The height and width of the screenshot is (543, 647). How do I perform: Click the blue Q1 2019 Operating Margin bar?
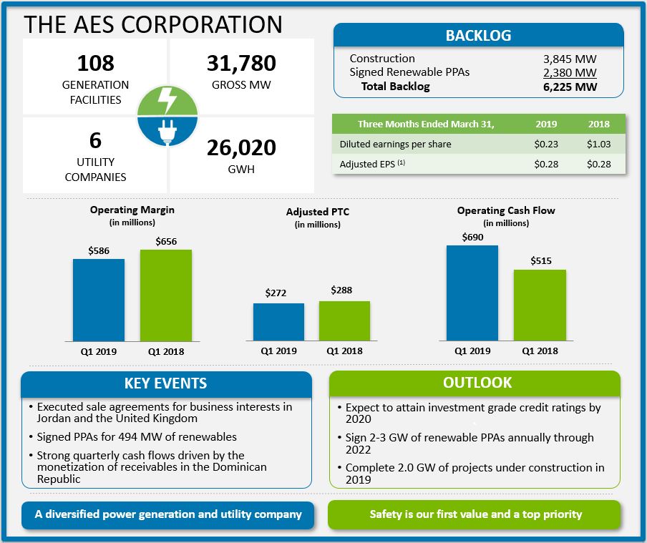[x=99, y=300]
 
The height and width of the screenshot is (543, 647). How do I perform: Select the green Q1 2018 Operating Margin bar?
[x=166, y=295]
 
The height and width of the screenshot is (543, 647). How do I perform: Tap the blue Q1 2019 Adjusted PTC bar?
[x=278, y=322]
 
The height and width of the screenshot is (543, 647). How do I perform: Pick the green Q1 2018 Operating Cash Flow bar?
[x=540, y=305]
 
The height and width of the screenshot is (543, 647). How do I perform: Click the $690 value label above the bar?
[x=472, y=236]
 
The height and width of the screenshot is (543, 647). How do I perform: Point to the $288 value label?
[x=341, y=290]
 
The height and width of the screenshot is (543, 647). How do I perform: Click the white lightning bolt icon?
[x=167, y=100]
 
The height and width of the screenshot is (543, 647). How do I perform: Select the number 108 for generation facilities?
[x=95, y=63]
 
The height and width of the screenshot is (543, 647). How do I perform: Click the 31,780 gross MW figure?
[x=241, y=63]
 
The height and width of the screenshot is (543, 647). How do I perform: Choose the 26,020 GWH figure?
[x=241, y=147]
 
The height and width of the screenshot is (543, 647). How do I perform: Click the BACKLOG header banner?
[x=478, y=36]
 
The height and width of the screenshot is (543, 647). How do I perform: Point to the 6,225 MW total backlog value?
[x=570, y=87]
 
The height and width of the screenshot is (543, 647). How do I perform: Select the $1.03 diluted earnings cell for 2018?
[x=598, y=144]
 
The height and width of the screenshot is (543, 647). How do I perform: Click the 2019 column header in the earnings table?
[x=546, y=124]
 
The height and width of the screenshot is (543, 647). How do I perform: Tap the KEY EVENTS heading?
[x=166, y=383]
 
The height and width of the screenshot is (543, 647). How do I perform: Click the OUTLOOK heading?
[x=477, y=383]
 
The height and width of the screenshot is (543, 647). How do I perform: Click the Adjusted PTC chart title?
[x=318, y=212]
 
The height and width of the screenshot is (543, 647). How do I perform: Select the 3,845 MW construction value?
[x=570, y=59]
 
